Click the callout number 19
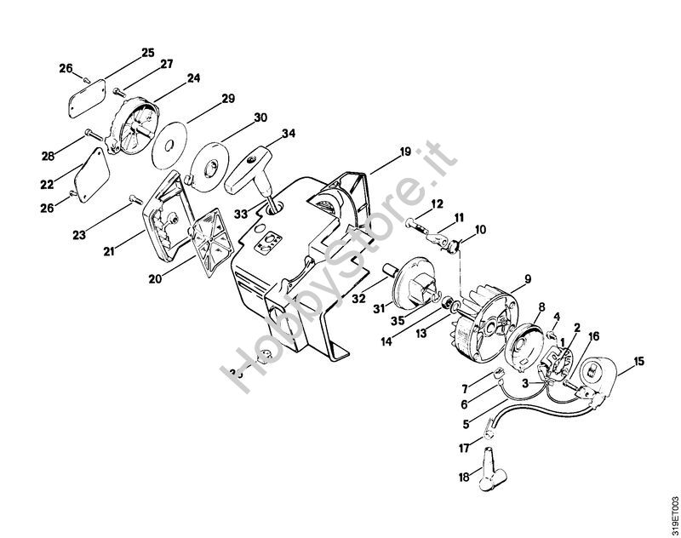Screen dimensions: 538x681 click(404, 152)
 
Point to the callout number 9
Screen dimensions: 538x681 click(527, 278)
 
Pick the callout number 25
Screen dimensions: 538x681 click(148, 53)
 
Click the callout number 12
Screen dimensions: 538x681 click(437, 204)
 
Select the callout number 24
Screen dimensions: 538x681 click(193, 78)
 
